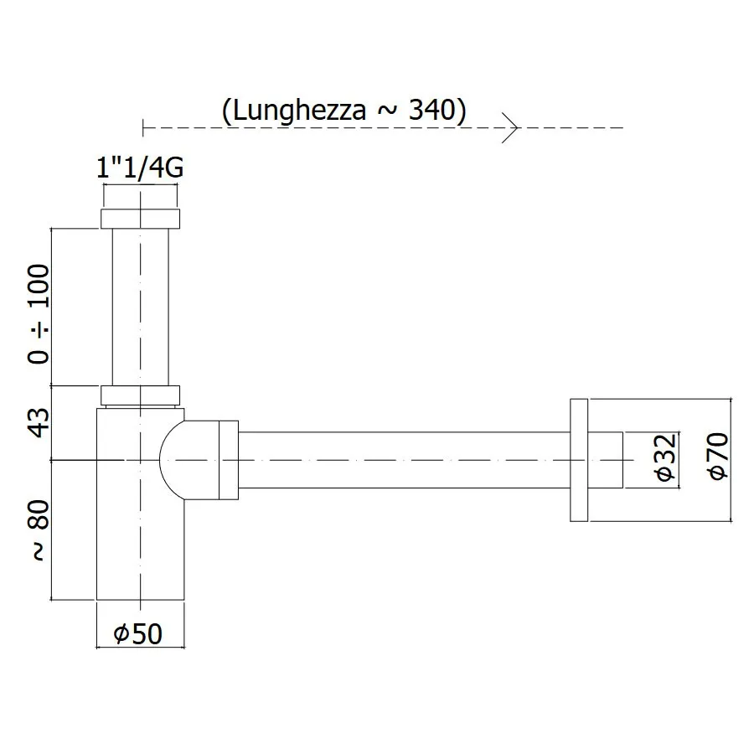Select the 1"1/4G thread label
[140, 168]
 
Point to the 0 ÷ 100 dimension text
[39, 313]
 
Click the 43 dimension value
[39, 423]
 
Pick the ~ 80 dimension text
[39, 530]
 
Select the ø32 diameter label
[665, 457]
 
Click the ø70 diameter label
[719, 456]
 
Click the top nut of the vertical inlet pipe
[141, 219]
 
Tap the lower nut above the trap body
[141, 395]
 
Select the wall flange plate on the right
[579, 460]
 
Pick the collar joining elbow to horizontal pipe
[229, 460]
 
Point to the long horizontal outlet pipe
[404, 460]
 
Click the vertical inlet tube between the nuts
[141, 307]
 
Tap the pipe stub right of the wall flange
[606, 460]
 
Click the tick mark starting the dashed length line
[142, 128]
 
